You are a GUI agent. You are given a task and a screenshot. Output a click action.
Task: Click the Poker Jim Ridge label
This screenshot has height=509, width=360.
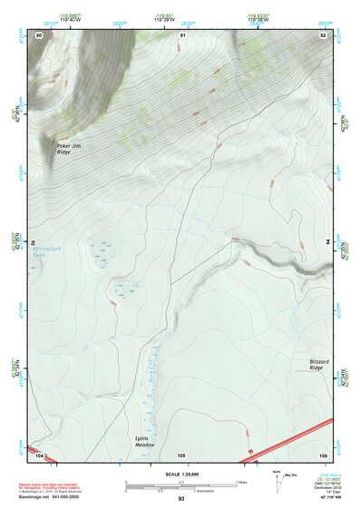click(69, 149)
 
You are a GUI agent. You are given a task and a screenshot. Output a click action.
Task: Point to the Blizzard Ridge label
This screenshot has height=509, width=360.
click(316, 364)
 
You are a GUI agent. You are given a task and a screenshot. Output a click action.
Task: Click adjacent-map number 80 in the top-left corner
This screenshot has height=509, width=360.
click(39, 34)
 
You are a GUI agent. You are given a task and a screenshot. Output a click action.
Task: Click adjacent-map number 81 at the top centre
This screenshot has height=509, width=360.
click(181, 34)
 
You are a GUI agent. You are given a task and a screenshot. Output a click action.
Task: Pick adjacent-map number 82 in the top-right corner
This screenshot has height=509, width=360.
click(323, 34)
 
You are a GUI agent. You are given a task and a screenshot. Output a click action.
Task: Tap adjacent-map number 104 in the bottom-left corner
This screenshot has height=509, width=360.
click(39, 454)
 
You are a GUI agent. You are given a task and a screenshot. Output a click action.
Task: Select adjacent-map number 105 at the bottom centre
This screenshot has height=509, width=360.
click(181, 454)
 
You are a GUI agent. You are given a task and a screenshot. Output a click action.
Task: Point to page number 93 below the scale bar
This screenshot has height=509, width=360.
click(181, 499)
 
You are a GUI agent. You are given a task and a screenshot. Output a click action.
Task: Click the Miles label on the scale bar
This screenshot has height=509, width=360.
click(241, 482)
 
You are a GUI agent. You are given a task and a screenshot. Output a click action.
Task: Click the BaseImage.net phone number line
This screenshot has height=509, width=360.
click(50, 497)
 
